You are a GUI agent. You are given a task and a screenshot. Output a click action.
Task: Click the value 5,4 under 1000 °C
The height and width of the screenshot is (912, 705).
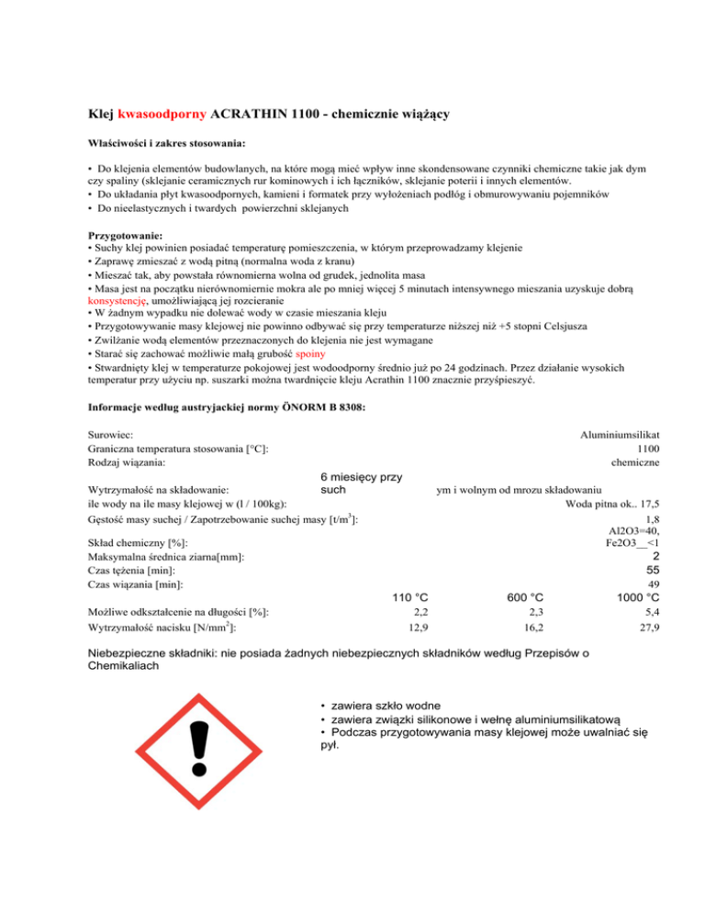pyautogui.click(x=651, y=612)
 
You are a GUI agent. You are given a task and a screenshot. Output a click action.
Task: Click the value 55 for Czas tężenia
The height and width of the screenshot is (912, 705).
pyautogui.click(x=651, y=569)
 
